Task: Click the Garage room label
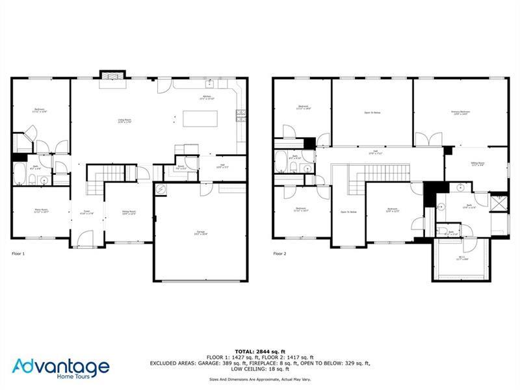click(200, 232)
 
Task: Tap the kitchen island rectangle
click(200, 118)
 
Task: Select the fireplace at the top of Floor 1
click(110, 76)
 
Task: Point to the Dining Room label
click(129, 213)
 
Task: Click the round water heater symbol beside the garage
click(162, 189)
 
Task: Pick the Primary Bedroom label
click(460, 113)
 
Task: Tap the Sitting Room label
click(478, 165)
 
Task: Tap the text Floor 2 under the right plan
click(279, 253)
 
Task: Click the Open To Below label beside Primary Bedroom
click(372, 113)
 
